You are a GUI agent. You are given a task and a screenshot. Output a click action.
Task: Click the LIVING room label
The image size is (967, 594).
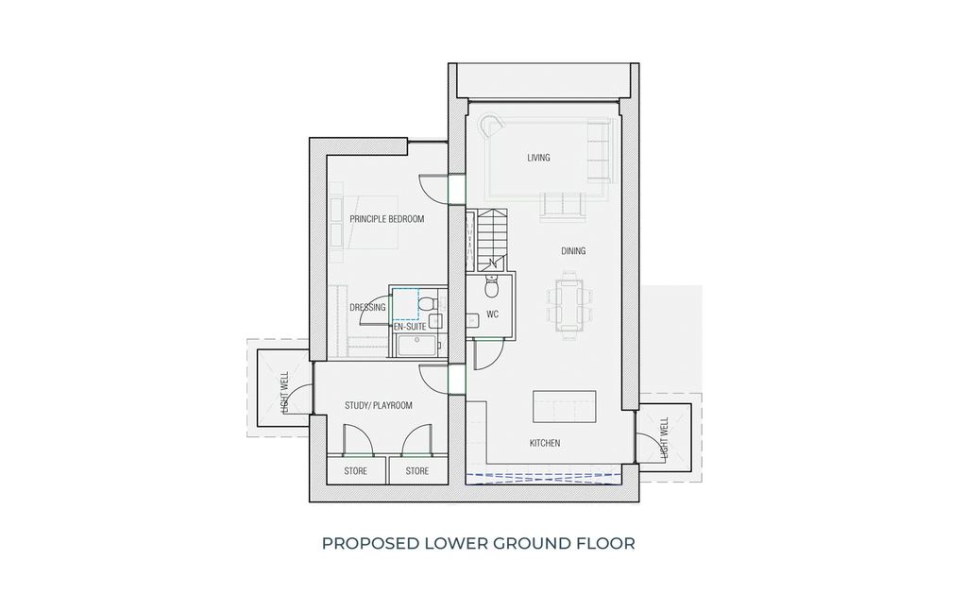538,158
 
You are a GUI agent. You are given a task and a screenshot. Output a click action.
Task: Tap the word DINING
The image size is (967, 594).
573,251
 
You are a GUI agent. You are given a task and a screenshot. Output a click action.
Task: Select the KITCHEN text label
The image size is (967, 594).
545,443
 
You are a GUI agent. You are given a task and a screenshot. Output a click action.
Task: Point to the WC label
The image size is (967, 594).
492,314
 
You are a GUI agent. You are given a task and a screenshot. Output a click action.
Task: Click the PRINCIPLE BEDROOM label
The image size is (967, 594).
386,219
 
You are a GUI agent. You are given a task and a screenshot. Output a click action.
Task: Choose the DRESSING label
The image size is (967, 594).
367,308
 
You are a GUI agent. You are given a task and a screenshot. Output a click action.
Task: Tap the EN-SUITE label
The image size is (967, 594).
411,326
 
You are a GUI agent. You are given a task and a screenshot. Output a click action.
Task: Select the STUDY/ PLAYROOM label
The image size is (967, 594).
378,405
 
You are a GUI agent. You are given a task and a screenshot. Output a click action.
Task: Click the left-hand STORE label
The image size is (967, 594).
356,470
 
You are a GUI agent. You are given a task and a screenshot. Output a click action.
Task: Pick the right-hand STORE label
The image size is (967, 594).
416,470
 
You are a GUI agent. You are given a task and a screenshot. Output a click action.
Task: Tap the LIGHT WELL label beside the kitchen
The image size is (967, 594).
665,438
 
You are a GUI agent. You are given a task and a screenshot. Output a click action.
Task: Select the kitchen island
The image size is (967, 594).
566,407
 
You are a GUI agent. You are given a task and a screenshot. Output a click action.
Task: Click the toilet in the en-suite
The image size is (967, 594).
427,303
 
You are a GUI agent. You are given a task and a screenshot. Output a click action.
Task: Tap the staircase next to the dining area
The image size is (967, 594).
492,237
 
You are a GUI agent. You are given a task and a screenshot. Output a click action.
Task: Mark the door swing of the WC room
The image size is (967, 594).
486,354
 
